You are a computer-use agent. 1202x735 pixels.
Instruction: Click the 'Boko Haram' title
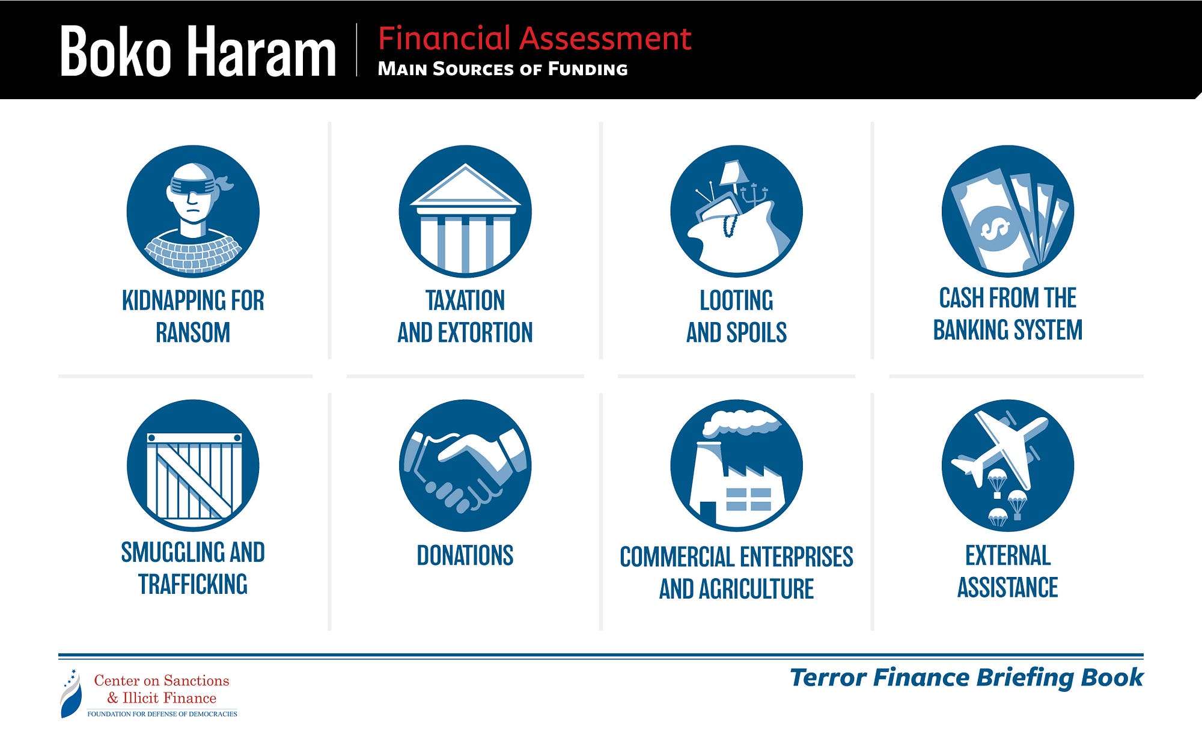coord(198,52)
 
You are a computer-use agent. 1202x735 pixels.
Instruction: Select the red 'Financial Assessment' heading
coord(535,38)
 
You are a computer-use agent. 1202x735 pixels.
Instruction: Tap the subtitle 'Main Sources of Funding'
coord(502,69)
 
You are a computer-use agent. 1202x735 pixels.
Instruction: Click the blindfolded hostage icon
coord(193,212)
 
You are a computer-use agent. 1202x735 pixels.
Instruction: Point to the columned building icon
coord(465,212)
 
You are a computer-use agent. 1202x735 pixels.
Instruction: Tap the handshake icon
coord(465,466)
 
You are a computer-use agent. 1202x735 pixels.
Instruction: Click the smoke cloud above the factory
coord(741,421)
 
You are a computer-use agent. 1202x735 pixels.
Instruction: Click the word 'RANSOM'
coord(193,333)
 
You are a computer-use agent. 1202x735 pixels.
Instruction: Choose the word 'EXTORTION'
coord(486,333)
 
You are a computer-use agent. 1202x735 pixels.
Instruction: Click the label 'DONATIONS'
coord(465,556)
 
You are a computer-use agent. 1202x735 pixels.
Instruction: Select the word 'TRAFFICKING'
coord(193,584)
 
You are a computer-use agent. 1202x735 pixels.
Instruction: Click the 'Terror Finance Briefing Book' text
coord(966,678)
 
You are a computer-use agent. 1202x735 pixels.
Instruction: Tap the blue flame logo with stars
coord(71,694)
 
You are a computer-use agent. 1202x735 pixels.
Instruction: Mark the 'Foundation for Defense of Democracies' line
coord(162,714)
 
